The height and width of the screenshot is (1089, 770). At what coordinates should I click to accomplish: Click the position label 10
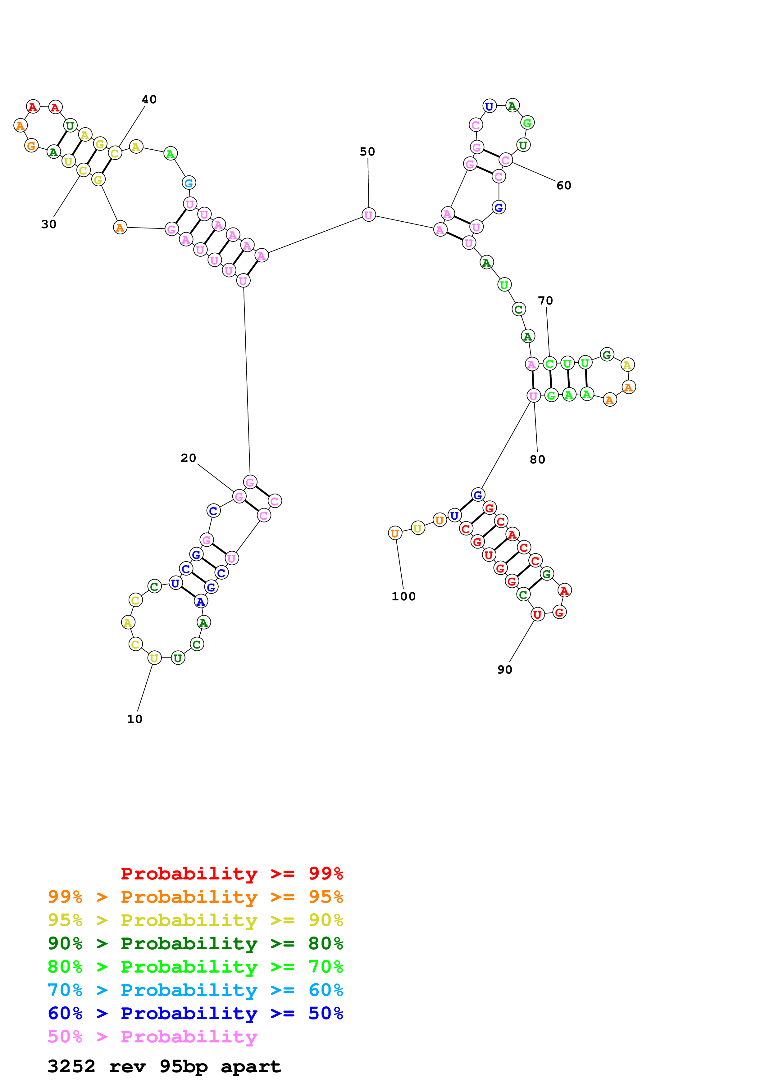point(135,719)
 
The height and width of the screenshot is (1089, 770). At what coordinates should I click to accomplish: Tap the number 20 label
point(188,458)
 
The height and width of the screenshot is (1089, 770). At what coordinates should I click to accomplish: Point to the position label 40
point(149,100)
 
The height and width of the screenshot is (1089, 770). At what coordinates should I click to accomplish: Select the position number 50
point(367,152)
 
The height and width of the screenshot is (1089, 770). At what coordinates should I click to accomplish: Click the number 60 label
point(564,185)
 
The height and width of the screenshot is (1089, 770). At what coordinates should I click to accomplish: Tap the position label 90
point(505,670)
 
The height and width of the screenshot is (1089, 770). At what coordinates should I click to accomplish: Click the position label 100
point(403,597)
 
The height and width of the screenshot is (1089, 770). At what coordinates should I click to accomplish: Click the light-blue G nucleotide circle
point(189,183)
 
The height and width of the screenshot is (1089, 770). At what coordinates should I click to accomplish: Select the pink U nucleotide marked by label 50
point(369,215)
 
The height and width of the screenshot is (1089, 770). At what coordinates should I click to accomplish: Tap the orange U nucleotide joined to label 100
point(395,533)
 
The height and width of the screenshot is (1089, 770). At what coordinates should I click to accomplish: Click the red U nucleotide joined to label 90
point(537,615)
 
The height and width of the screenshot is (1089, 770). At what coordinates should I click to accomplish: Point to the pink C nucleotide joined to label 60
point(505,160)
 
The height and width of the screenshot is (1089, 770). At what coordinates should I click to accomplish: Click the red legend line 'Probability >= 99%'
point(231,874)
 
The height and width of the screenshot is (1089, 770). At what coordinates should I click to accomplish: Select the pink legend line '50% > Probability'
point(152,1037)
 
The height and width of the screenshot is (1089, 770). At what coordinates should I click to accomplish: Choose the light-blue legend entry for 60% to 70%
point(195,990)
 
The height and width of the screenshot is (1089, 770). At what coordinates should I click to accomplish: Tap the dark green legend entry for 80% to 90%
point(195,943)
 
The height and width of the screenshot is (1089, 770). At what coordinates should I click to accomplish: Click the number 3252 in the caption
point(71,1067)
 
